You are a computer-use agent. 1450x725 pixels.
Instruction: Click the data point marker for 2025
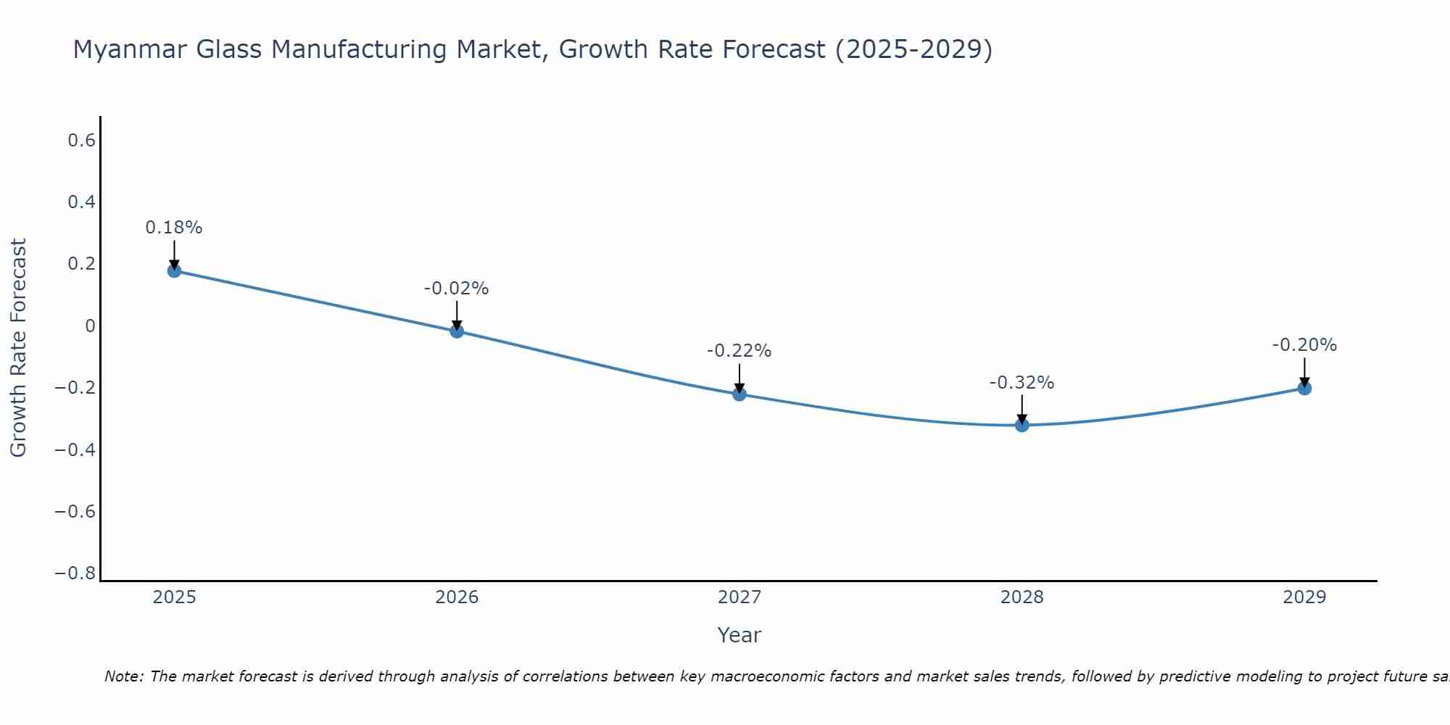174,270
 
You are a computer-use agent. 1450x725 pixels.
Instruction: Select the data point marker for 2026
457,331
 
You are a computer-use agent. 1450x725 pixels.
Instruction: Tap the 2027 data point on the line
739,394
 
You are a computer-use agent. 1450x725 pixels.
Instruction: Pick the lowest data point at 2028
1022,425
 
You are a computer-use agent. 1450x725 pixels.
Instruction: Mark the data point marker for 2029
1304,388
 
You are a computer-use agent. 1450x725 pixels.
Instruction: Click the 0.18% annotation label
174,228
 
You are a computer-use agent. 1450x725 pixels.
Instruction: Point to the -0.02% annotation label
457,289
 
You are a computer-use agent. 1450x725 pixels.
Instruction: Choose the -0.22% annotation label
739,351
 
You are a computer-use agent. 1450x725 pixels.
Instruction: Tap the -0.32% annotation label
1022,383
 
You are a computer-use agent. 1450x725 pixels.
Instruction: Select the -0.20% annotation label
1304,345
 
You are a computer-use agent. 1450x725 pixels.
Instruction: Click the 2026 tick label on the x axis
457,597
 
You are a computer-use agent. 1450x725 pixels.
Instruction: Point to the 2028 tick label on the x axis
1022,597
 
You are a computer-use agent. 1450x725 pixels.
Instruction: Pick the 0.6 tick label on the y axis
82,141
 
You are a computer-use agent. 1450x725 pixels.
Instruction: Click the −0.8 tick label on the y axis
75,573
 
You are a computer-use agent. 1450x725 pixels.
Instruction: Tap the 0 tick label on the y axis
90,326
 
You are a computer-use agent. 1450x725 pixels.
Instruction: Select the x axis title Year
739,635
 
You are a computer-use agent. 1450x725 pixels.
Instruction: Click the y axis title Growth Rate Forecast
18,348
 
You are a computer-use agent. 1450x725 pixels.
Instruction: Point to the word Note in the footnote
123,676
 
